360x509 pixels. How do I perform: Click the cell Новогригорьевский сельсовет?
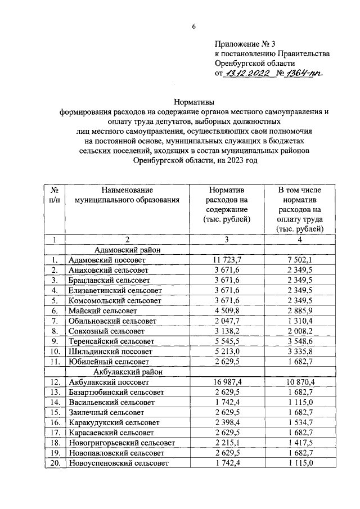tap(121, 443)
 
